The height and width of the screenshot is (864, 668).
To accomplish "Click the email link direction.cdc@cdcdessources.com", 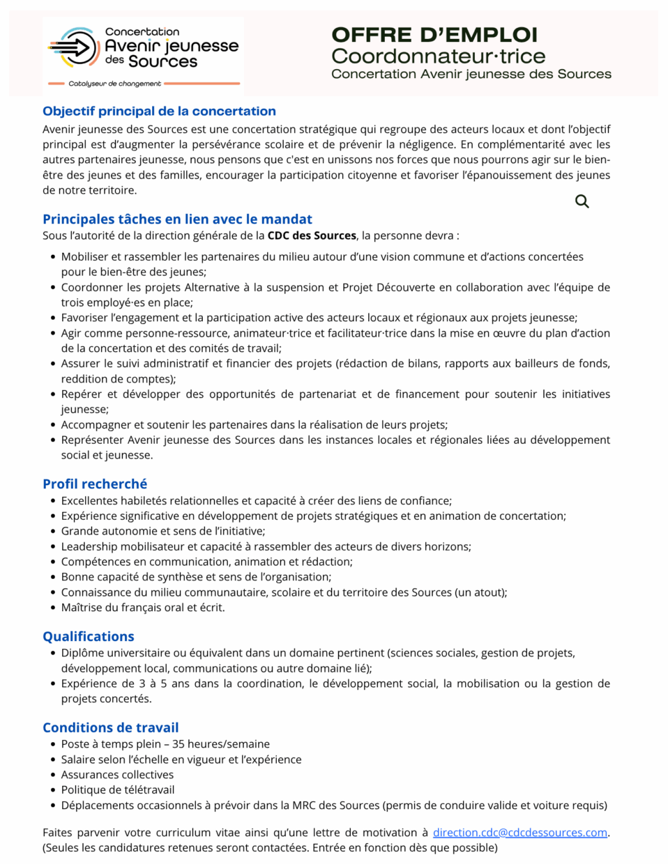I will tap(519, 833).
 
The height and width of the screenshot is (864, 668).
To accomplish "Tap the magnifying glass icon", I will tap(582, 201).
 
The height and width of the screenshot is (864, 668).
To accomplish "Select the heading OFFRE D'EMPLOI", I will tap(434, 35).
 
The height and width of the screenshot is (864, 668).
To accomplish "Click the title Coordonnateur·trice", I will tap(438, 56).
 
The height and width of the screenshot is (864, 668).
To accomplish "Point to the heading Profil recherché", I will tap(95, 484).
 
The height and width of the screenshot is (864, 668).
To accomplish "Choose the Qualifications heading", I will tap(89, 636).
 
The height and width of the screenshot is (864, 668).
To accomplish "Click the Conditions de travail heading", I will tap(111, 727).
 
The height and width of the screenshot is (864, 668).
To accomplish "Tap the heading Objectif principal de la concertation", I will tap(159, 111).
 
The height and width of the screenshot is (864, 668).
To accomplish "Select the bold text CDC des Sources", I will tap(312, 236).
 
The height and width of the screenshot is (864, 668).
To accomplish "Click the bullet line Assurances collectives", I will tap(117, 775).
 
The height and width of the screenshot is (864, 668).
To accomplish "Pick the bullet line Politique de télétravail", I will tap(118, 790).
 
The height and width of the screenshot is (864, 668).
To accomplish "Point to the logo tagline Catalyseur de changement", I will tap(114, 84).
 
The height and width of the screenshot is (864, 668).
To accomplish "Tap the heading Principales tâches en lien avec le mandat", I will tap(177, 219).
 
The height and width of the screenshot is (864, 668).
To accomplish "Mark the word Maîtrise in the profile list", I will tap(81, 608).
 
